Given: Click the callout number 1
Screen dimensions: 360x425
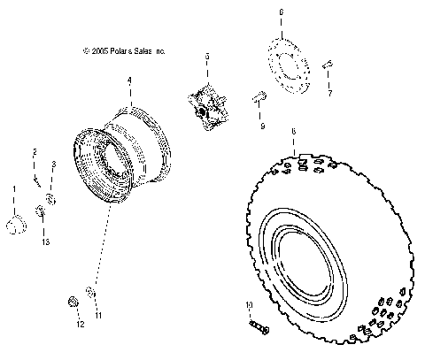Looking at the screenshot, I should [13, 188].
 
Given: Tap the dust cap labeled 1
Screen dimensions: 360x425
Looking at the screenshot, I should [13, 225].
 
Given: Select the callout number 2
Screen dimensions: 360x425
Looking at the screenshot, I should [35, 151].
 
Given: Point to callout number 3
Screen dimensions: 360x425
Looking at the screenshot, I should [53, 165].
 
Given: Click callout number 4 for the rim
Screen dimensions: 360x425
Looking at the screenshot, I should [128, 80].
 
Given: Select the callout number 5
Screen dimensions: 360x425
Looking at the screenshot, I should [206, 57].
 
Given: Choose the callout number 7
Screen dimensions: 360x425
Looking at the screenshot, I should [328, 91].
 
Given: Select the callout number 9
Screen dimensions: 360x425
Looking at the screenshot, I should [262, 126].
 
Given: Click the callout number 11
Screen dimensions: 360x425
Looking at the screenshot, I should [99, 315].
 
